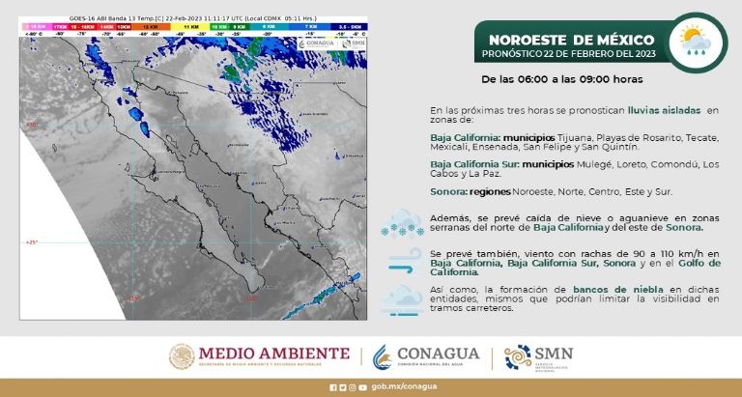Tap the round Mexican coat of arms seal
pos(183,357)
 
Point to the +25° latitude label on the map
pos(31,242)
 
